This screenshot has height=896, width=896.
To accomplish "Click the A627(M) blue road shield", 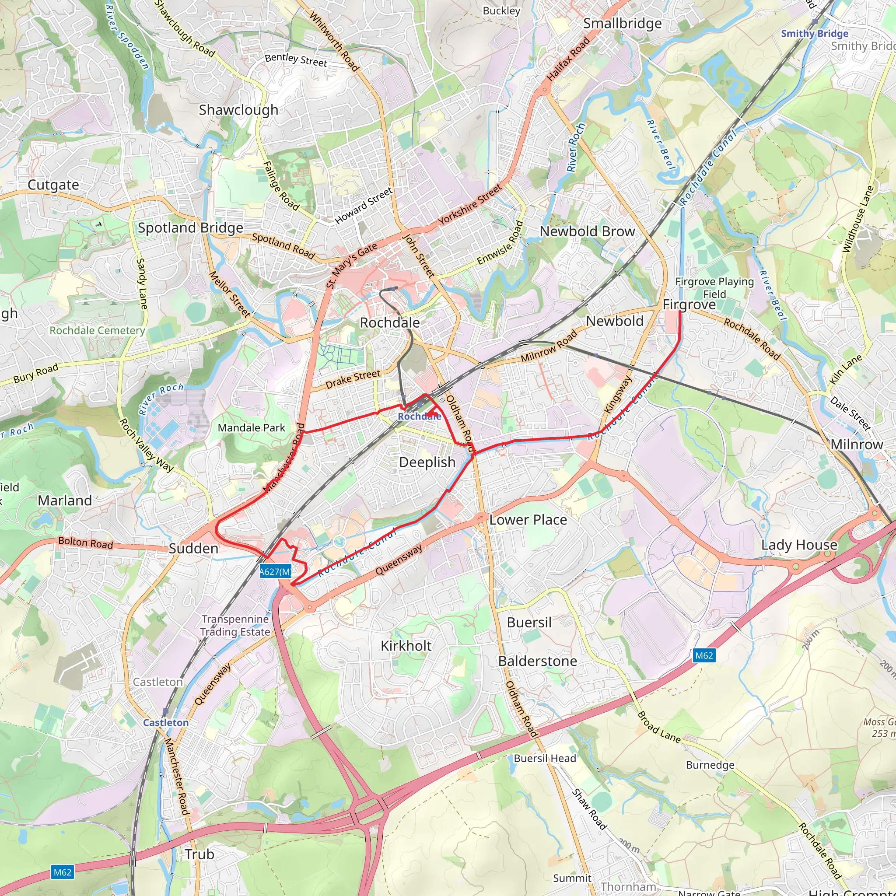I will [x=276, y=571].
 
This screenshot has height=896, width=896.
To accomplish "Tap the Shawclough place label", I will [x=238, y=110].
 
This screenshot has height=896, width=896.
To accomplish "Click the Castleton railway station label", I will [x=165, y=723].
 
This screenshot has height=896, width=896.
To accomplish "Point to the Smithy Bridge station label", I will [x=814, y=33].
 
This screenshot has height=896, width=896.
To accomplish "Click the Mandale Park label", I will [x=252, y=427].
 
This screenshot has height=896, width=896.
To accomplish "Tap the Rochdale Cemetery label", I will [x=98, y=330].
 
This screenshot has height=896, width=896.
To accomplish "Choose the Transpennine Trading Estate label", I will [x=235, y=626].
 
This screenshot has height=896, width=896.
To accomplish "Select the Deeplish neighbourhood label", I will [x=427, y=462].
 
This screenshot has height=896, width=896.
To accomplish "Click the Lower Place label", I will [x=528, y=520].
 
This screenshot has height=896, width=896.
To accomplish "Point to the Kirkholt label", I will [x=406, y=646].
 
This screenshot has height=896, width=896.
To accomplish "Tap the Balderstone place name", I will [x=538, y=661].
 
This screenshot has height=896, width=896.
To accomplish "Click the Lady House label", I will [x=799, y=545].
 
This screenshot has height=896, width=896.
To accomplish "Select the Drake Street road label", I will [x=353, y=379].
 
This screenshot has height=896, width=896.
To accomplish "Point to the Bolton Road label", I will [x=85, y=542].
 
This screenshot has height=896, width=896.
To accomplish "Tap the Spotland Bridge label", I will [x=190, y=227].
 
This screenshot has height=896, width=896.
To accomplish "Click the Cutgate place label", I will [x=53, y=185].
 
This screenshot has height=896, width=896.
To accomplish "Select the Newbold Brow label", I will [x=587, y=231].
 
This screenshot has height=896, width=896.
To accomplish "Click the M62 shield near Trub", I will [x=63, y=872].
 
